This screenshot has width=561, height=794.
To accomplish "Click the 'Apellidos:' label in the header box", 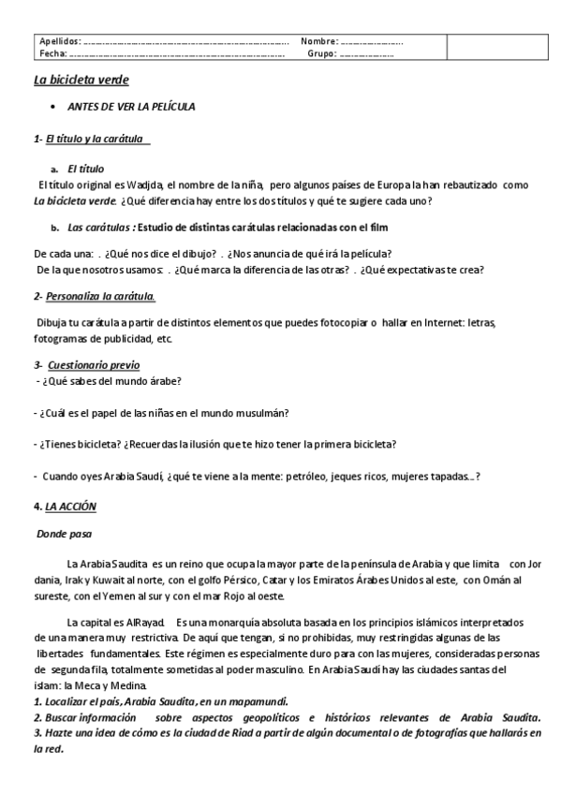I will click(x=60, y=42).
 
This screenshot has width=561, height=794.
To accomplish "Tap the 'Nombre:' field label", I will click(x=319, y=42).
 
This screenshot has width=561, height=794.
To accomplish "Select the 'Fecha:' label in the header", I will click(x=52, y=53).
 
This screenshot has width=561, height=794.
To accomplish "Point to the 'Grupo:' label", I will click(x=321, y=53).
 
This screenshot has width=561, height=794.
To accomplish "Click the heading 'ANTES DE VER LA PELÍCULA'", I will click(x=132, y=107).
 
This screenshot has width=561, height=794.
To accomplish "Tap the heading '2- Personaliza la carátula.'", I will click(x=95, y=296).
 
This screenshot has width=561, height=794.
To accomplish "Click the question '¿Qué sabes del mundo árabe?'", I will click(x=111, y=380).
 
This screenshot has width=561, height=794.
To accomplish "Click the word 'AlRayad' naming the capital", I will click(x=144, y=622).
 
